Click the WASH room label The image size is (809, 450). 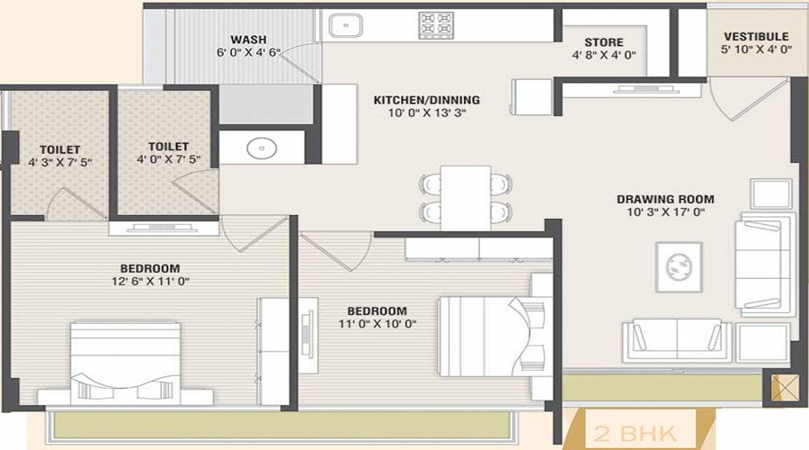[249, 40]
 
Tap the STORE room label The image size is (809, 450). [604, 42]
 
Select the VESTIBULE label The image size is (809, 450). [756, 37]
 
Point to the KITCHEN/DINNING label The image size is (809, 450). [427, 100]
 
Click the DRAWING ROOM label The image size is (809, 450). [665, 199]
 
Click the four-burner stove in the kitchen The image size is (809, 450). [436, 25]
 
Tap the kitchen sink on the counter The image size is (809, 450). [345, 25]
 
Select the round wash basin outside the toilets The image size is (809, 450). [262, 148]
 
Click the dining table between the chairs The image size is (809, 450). [466, 198]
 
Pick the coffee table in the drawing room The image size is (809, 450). [679, 267]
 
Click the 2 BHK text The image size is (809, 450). [635, 434]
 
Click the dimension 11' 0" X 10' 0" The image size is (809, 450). [378, 324]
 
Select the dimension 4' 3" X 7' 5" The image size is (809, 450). [60, 162]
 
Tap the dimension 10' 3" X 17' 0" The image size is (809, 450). [665, 211]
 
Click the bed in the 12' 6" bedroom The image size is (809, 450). [125, 362]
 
